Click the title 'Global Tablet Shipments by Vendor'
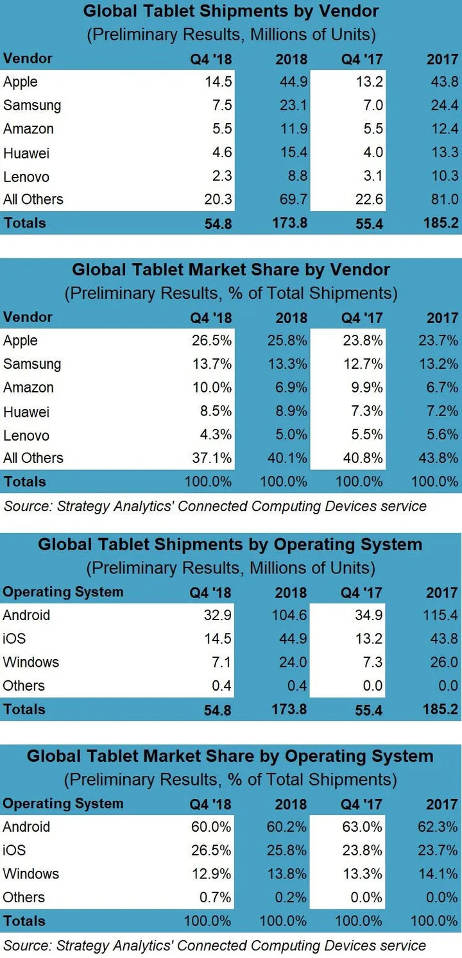231,11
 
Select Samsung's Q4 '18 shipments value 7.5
218,105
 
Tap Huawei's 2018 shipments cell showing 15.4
292,153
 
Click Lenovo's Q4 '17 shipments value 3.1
370,176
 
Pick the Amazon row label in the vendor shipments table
28,129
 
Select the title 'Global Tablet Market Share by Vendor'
231,269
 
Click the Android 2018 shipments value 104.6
289,615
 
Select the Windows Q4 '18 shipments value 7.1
218,662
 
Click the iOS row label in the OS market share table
15,850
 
